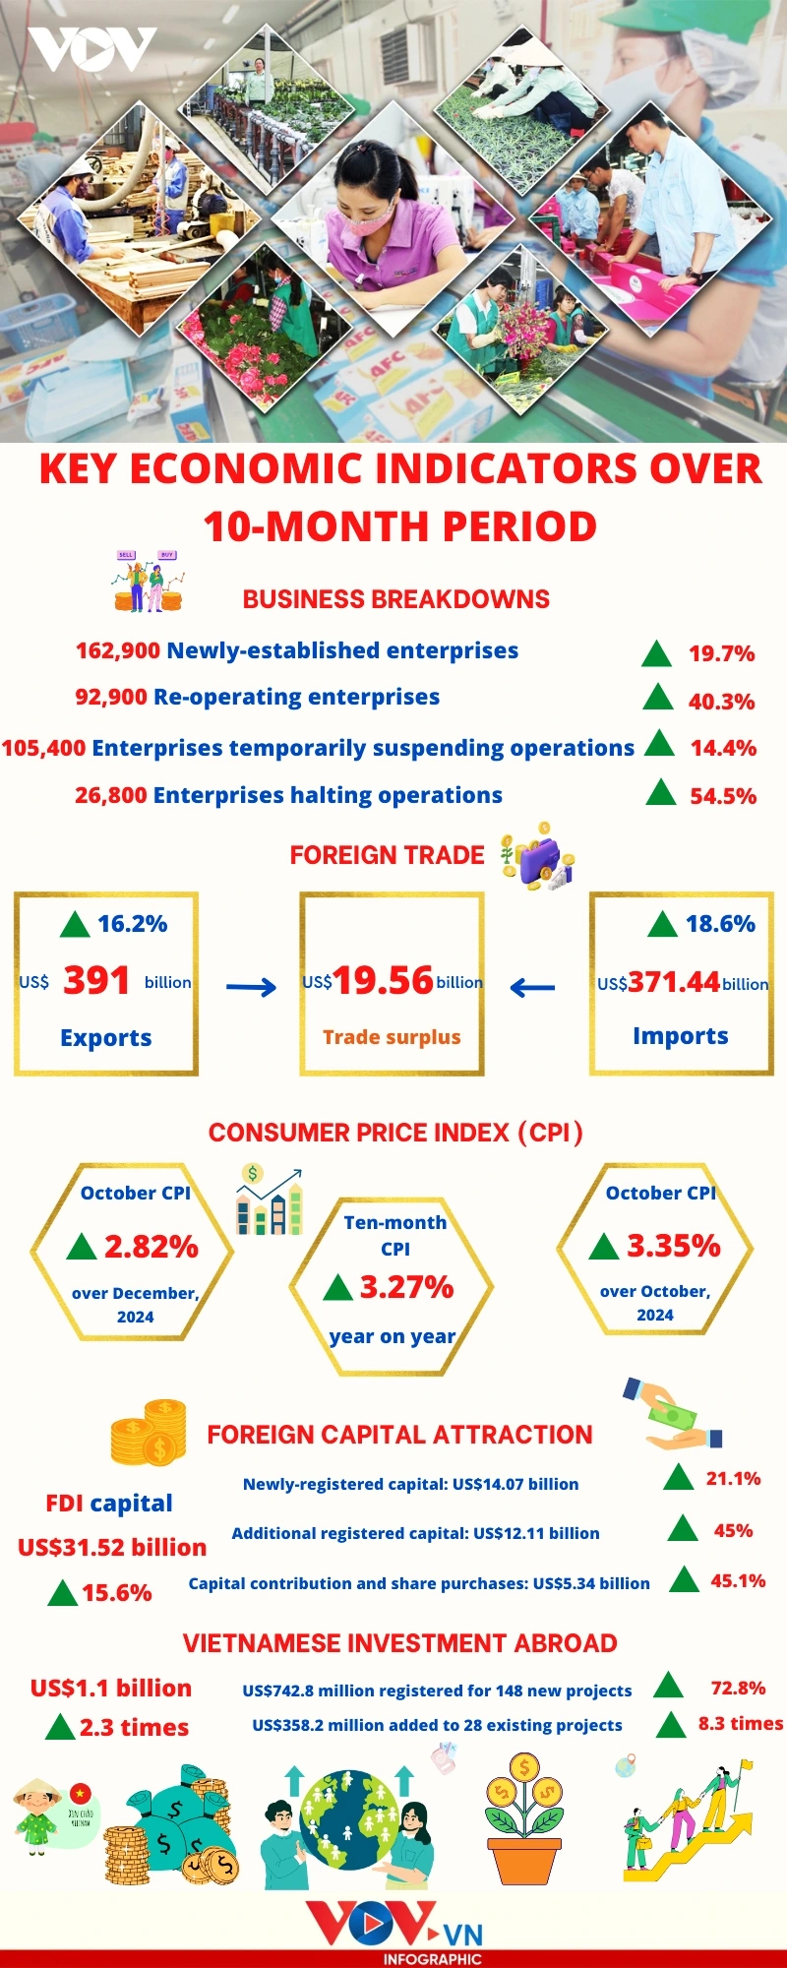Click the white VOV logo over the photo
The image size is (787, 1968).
pos(92,49)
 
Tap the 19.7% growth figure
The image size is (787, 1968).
pos(721,653)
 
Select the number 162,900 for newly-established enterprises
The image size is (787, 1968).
pos(118,650)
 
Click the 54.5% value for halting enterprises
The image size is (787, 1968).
pos(723,796)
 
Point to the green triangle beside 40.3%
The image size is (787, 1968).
pos(657,699)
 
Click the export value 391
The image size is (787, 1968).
pos(96,980)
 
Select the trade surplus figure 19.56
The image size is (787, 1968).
pos(383,980)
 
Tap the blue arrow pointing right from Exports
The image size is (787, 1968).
pos(251,987)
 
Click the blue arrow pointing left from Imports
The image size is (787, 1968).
pos(533,987)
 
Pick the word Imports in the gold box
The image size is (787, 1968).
pos(681,1036)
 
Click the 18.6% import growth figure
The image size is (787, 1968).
pos(720,924)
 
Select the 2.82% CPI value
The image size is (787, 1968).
pos(151,1247)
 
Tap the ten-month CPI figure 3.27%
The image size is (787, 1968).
pos(406,1287)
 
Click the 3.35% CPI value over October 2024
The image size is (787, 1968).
pos(674,1246)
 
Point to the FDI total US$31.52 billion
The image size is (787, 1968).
pos(112,1547)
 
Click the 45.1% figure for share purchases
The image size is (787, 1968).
pos(738,1581)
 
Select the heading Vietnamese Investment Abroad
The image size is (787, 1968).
pos(399,1643)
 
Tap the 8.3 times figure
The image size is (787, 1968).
pos(741,1723)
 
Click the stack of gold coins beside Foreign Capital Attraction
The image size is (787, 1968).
pos(149,1432)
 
